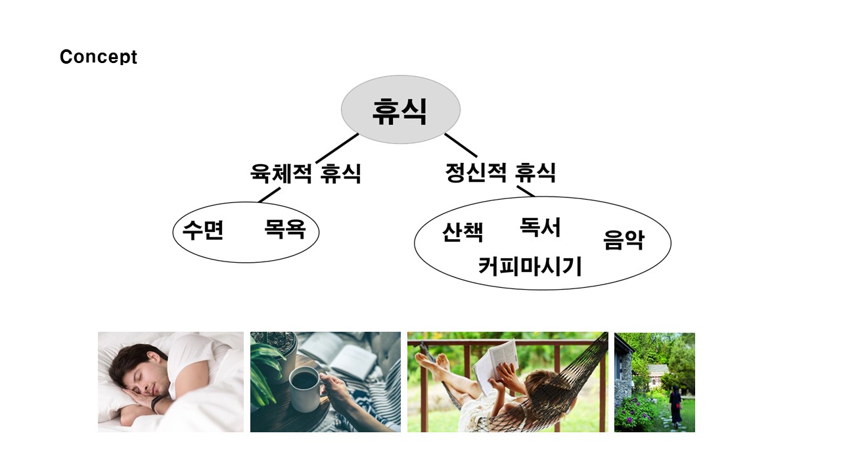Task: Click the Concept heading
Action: (99, 57)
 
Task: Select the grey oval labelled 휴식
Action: (400, 109)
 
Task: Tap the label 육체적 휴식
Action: (306, 173)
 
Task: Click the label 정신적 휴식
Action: (500, 172)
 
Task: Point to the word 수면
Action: (203, 230)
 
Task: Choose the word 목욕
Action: (284, 229)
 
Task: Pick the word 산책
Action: (463, 232)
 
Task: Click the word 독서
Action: (540, 227)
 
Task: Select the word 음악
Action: (624, 240)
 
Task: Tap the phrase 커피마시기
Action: (530, 266)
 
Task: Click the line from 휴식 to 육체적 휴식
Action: (337, 148)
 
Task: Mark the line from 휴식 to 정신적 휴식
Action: (461, 145)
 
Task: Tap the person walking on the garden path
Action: (674, 407)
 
